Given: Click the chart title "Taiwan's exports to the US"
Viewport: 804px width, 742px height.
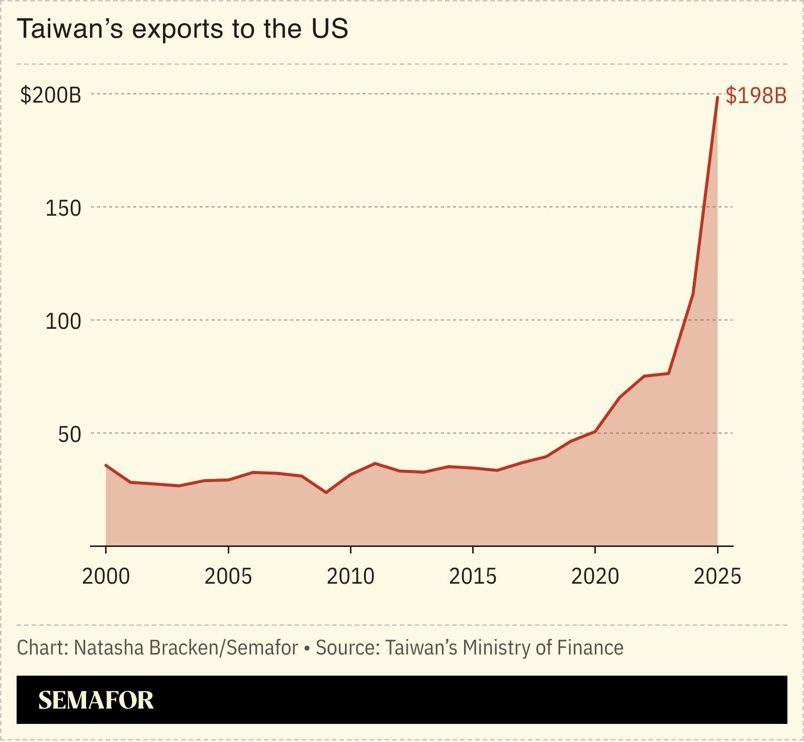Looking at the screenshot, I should (183, 29).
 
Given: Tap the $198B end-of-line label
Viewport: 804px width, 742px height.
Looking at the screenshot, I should (756, 96).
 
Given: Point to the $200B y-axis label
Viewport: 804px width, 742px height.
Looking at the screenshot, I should (50, 95).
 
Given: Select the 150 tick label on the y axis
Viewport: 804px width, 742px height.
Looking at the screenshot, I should (63, 208).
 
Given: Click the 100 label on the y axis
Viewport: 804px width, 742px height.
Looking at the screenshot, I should (63, 321).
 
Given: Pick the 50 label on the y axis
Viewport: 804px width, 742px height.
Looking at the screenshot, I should (69, 434).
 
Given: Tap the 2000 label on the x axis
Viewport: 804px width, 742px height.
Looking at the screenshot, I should (106, 576).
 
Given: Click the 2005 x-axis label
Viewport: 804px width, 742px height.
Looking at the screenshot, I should (228, 576).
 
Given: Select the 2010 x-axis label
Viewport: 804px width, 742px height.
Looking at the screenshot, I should (350, 576).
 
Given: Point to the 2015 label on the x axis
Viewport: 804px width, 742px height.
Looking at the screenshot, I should (473, 576).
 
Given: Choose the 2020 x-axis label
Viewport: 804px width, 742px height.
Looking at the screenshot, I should (595, 576).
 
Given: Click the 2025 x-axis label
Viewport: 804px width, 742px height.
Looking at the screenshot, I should (718, 576).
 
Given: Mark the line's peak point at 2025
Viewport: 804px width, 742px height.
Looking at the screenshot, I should (717, 98).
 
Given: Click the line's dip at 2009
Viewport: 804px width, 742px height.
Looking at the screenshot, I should (326, 492).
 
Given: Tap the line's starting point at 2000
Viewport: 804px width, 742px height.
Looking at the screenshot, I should (106, 466).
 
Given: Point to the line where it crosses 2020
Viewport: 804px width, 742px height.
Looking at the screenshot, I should (595, 431).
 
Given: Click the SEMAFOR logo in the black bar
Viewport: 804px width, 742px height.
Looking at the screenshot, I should (96, 700).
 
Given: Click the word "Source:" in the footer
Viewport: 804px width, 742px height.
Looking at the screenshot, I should (347, 647).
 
